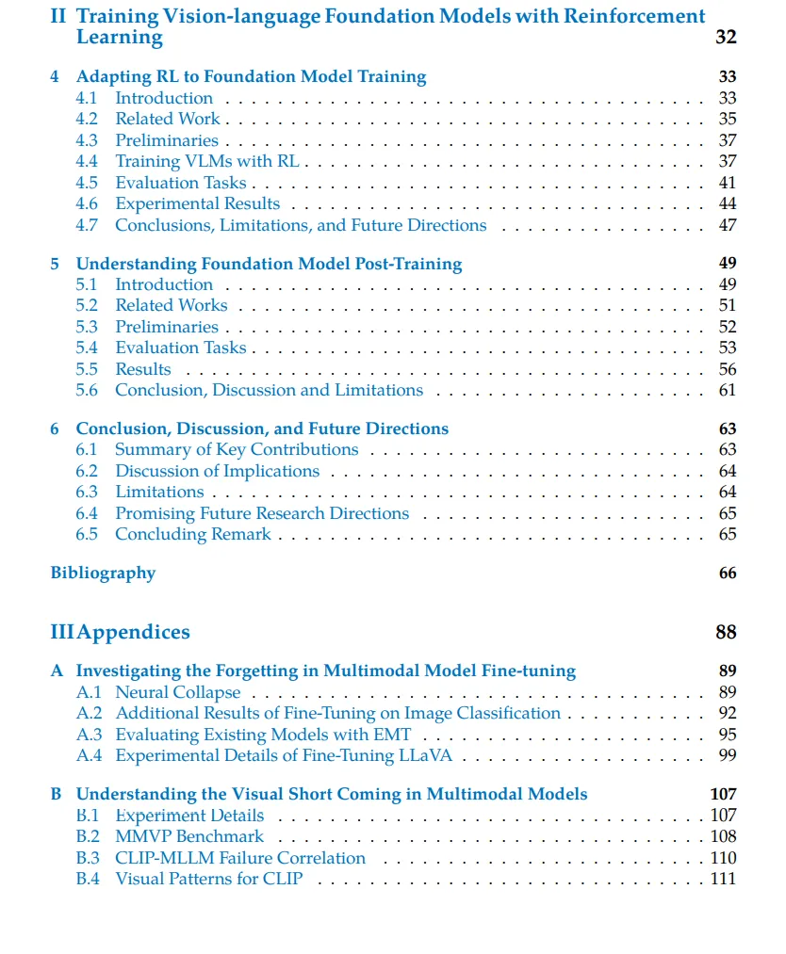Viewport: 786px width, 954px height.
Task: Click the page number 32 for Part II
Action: [x=726, y=38]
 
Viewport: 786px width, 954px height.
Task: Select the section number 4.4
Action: [x=87, y=161]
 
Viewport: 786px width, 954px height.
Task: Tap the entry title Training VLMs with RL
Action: [x=206, y=161]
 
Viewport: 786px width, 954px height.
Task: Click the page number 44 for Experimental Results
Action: [x=727, y=203]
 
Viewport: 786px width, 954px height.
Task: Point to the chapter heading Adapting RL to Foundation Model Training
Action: [x=251, y=77]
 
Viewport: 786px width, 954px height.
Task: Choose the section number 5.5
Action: [x=87, y=369]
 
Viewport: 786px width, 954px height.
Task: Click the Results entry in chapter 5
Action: [x=143, y=369]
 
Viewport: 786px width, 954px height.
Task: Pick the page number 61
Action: [x=727, y=390]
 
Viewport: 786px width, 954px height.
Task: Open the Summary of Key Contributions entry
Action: [x=237, y=449]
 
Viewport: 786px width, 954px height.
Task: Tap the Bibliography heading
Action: [x=103, y=573]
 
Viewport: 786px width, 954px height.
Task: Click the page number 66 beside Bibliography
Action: [x=727, y=573]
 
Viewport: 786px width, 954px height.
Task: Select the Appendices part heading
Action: [x=133, y=632]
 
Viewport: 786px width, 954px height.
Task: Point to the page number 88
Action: [x=726, y=632]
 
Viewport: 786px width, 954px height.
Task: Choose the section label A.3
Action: [x=89, y=735]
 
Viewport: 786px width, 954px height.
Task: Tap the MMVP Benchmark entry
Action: [x=189, y=836]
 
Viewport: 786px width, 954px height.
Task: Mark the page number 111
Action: [x=723, y=879]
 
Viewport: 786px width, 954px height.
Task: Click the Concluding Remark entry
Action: [x=192, y=534]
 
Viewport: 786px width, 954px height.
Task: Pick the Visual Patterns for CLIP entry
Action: [x=209, y=879]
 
